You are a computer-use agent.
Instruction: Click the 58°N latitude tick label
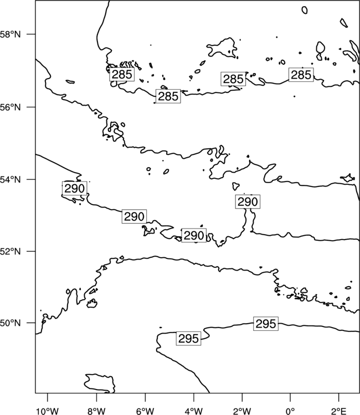pyautogui.click(x=11, y=34)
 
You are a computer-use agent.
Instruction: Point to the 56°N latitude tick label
pyautogui.click(x=11, y=107)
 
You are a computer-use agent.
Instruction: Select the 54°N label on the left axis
pyautogui.click(x=11, y=180)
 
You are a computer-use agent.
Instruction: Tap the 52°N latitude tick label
pyautogui.click(x=11, y=251)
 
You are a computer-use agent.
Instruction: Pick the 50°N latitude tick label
pyautogui.click(x=11, y=323)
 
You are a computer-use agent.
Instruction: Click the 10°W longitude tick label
pyautogui.click(x=48, y=411)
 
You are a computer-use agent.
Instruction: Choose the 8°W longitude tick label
pyautogui.click(x=96, y=411)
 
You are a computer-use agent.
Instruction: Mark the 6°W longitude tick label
pyautogui.click(x=145, y=411)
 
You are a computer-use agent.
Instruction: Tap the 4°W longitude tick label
pyautogui.click(x=193, y=411)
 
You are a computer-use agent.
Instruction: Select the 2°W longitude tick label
pyautogui.click(x=242, y=411)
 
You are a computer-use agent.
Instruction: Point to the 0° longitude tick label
pyautogui.click(x=290, y=411)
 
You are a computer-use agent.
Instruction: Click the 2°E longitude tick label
pyautogui.click(x=339, y=411)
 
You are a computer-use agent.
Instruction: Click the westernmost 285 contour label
pyautogui.click(x=122, y=74)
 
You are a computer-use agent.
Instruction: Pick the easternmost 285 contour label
pyautogui.click(x=301, y=75)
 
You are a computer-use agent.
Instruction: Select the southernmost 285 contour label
pyautogui.click(x=168, y=96)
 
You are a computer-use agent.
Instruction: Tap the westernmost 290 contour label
pyautogui.click(x=74, y=189)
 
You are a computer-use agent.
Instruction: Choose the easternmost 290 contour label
pyautogui.click(x=248, y=201)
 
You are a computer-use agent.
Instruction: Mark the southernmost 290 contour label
pyautogui.click(x=194, y=236)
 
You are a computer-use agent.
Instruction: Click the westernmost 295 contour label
pyautogui.click(x=189, y=339)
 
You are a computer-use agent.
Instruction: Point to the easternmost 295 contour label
pyautogui.click(x=266, y=324)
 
